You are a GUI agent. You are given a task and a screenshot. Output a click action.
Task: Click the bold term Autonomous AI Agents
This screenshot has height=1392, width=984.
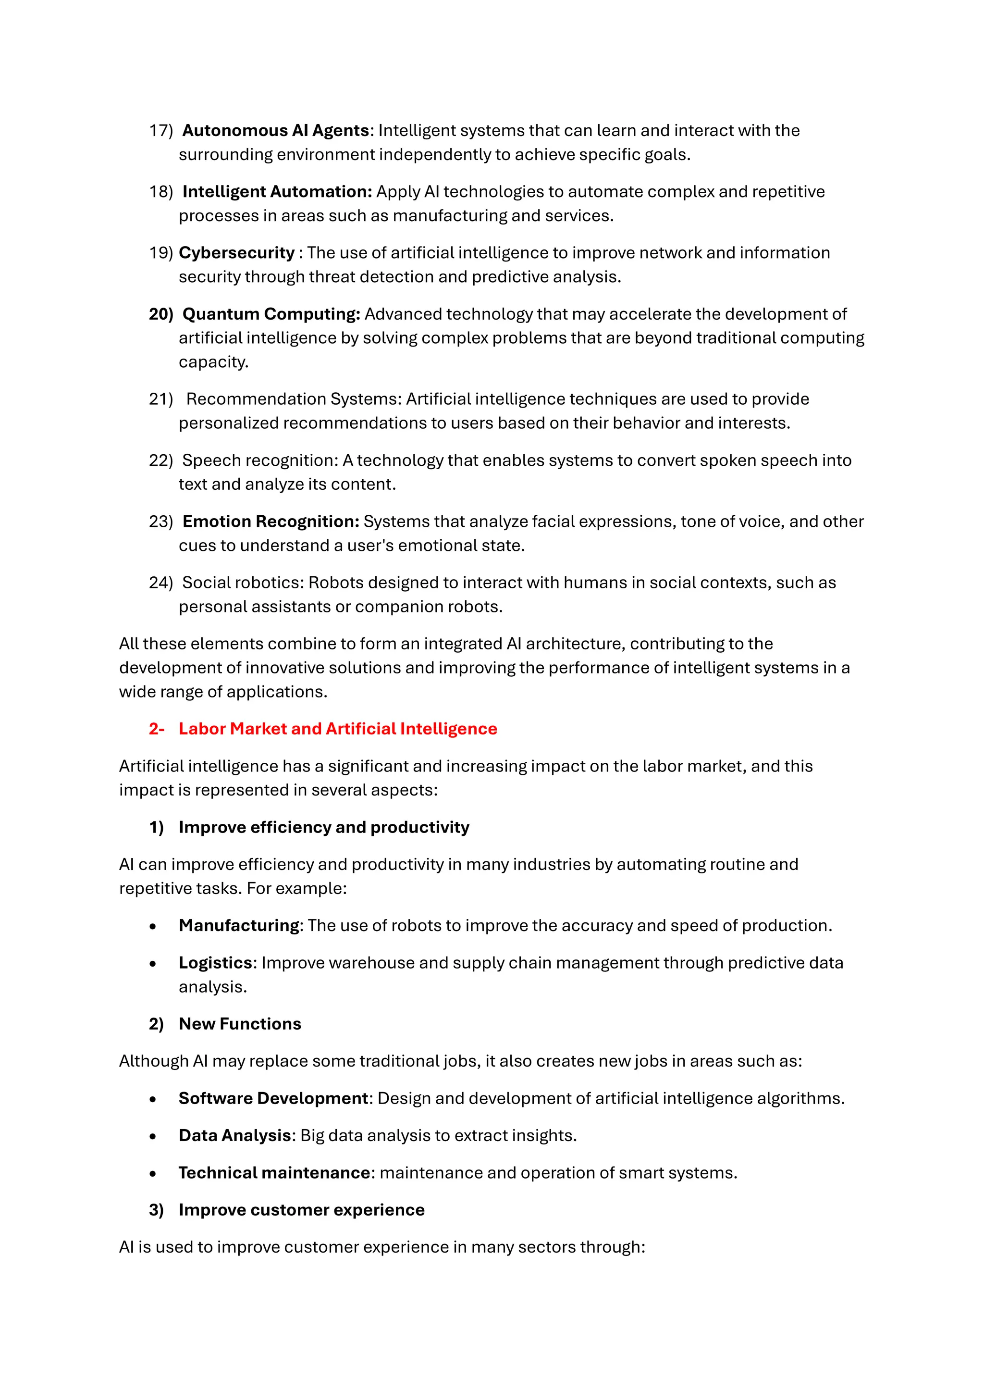pos(276,130)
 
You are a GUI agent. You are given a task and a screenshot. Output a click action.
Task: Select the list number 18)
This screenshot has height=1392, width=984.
pos(161,192)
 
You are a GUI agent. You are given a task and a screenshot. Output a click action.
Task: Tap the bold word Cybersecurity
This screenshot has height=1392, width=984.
pos(236,253)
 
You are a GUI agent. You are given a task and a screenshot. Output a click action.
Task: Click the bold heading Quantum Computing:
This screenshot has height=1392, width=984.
pos(271,314)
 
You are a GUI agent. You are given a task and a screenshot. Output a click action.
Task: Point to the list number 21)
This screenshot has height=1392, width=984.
pos(161,399)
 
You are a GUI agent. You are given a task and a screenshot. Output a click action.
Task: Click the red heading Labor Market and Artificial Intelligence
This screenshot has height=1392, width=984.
pos(337,729)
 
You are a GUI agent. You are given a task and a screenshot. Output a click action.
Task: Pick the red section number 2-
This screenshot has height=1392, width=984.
pos(156,729)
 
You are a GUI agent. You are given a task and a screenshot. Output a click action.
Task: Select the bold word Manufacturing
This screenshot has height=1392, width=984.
pos(239,926)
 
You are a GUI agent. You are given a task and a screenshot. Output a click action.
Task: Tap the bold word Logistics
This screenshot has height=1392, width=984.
pos(215,963)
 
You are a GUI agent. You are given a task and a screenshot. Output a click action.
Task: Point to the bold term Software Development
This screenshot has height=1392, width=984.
pos(273,1099)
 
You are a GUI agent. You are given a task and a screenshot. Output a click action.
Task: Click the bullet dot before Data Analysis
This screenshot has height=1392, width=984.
pos(153,1136)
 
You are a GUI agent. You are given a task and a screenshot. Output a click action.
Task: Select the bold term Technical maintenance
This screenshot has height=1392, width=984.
pos(274,1173)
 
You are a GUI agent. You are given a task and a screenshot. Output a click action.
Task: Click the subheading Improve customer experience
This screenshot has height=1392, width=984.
pos(301,1210)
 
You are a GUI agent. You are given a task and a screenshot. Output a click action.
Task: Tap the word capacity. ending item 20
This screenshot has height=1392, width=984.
pos(213,362)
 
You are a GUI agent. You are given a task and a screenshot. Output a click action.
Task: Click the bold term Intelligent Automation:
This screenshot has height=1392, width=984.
pos(277,192)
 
